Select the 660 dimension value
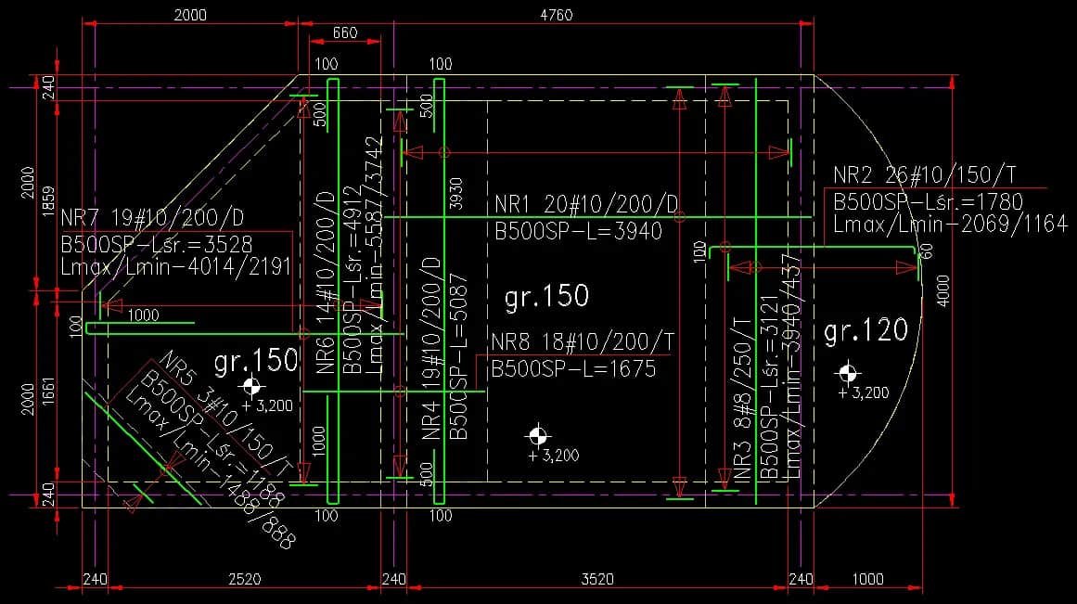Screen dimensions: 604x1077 [344, 33]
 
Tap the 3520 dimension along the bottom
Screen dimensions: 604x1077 [596, 579]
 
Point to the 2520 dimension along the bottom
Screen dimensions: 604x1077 [245, 579]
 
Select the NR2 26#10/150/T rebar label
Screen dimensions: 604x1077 [923, 174]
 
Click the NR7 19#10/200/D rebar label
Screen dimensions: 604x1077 [152, 219]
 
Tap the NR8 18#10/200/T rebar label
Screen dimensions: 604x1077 [583, 342]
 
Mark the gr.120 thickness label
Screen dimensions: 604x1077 [865, 330]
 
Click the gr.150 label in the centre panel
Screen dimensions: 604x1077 [546, 297]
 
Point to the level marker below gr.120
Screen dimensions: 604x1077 [847, 373]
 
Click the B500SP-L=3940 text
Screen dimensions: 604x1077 [578, 229]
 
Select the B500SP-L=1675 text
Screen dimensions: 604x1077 [573, 368]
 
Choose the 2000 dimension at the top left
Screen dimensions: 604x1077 [190, 15]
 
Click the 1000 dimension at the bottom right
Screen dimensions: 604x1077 [867, 579]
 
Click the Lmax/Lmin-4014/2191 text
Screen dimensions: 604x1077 [176, 267]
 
